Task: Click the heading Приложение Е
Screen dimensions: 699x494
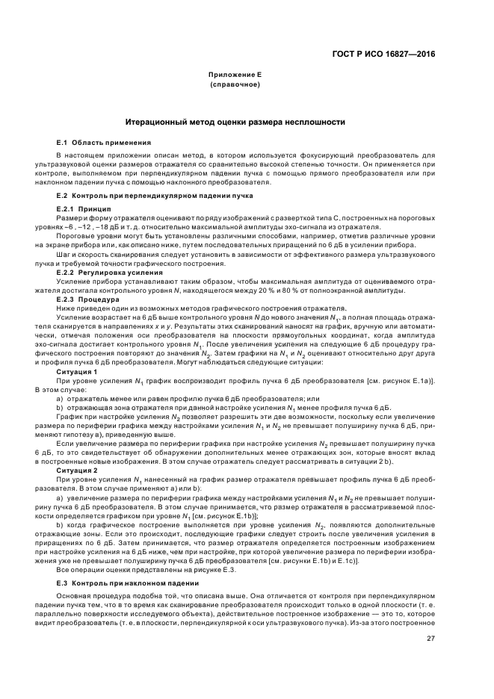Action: click(234, 75)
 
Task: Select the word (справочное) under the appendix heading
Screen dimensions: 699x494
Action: click(234, 84)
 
